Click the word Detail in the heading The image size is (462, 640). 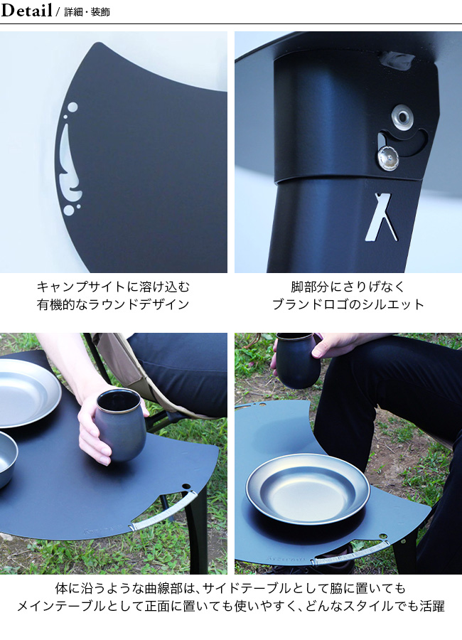tap(26, 10)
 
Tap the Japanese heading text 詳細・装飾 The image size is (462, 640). tap(87, 12)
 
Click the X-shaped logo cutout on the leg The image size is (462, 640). tap(380, 217)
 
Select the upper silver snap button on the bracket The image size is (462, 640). tap(402, 115)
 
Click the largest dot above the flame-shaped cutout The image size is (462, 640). tap(72, 107)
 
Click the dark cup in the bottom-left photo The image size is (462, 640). tap(120, 425)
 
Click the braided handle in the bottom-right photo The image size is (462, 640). tap(351, 553)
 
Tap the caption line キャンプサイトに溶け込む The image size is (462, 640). tap(114, 287)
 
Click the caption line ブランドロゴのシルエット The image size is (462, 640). tap(348, 304)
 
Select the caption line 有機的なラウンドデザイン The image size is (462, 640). tap(114, 304)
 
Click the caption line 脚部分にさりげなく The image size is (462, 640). tap(348, 287)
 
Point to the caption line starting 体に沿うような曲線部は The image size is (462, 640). tap(230, 588)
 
